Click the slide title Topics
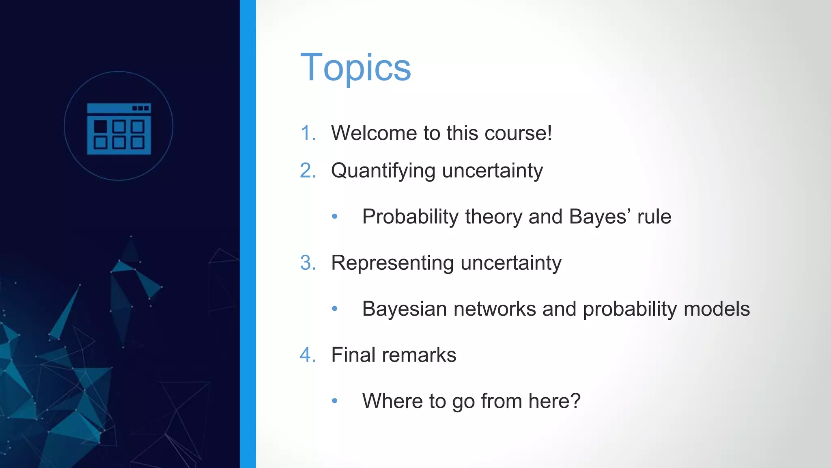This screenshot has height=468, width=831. (355, 67)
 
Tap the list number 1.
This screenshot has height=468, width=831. (307, 133)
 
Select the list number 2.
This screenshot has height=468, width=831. (308, 171)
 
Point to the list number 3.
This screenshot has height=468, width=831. (308, 263)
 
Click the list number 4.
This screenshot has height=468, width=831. (308, 355)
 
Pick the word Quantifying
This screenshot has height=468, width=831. (383, 171)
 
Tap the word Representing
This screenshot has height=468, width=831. (392, 263)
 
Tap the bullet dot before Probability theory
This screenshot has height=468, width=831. (334, 217)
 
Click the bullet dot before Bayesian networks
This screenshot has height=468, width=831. (334, 309)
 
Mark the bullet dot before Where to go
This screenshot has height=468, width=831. (334, 401)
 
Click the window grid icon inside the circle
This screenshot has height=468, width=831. (119, 129)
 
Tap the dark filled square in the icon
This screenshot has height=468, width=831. (100, 127)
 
